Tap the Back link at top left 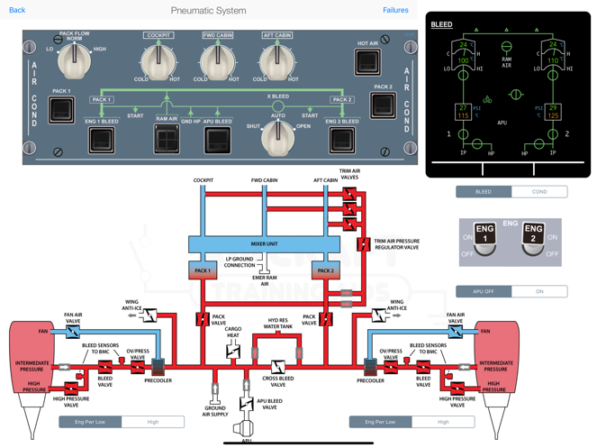17,10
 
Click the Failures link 395,10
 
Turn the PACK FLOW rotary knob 74,60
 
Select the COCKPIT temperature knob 157,61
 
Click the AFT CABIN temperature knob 276,61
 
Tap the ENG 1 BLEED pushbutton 101,139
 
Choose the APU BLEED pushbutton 218,139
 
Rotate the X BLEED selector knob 277,135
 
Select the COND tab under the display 539,191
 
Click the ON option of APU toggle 539,291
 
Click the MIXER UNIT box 264,244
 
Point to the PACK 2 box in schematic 325,270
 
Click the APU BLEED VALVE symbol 247,404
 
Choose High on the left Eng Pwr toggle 153,421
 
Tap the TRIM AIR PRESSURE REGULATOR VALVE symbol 363,243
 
